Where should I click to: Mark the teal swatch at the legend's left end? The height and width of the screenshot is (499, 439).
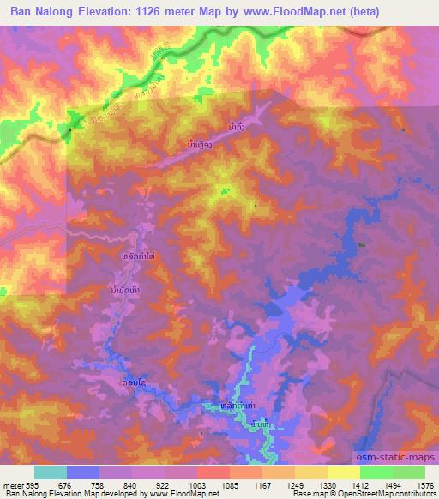point(50,472)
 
